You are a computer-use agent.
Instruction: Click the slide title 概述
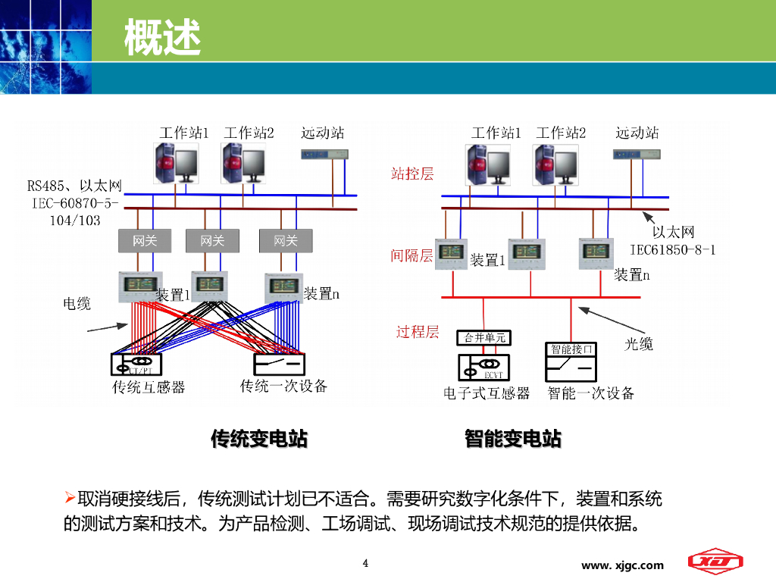point(162,37)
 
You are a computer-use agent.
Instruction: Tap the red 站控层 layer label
point(412,174)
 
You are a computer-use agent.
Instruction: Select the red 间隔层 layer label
point(411,255)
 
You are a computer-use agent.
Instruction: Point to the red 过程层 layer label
point(418,331)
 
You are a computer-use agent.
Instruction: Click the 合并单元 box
point(484,338)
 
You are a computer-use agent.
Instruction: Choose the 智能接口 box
point(571,349)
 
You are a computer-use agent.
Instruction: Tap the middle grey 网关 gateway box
point(212,241)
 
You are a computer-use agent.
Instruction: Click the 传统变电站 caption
point(259,438)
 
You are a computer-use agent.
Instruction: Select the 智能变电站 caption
point(513,438)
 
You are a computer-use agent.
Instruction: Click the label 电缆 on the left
point(77,304)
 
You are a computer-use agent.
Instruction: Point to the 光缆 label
point(639,344)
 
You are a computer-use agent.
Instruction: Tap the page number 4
point(366,563)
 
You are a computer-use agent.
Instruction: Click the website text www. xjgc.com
point(622,565)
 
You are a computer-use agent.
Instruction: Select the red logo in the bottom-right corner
point(715,562)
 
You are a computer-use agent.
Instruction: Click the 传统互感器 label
point(149,387)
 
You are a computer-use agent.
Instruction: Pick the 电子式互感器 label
point(487,393)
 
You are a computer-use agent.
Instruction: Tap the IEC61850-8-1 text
point(673,249)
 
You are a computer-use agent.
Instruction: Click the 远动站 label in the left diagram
point(322,133)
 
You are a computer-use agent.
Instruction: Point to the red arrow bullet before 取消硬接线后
point(69,498)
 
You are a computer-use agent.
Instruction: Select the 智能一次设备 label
point(591,393)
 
